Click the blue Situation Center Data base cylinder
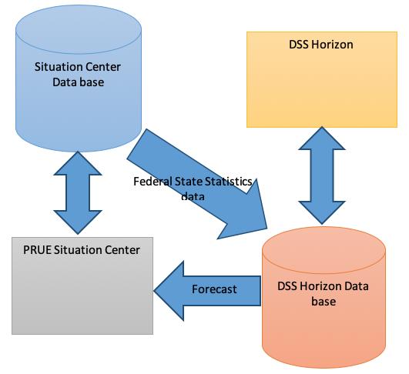click(x=79, y=78)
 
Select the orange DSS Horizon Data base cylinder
click(x=324, y=297)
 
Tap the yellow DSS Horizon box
click(x=322, y=79)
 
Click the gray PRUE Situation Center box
click(x=82, y=286)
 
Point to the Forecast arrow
click(x=207, y=291)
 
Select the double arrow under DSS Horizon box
click(x=322, y=175)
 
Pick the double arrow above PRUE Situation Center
click(x=78, y=192)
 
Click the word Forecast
click(x=214, y=289)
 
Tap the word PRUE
click(x=37, y=250)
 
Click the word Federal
click(x=153, y=182)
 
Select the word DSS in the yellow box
click(x=299, y=45)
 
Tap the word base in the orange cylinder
click(x=324, y=302)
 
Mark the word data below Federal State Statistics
click(x=193, y=196)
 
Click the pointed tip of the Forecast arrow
click(x=154, y=291)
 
